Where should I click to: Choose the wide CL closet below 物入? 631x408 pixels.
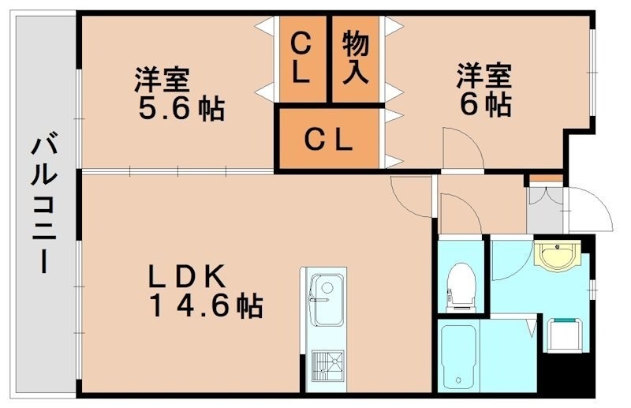pos(329,140)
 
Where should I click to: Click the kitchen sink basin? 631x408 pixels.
pos(326,300)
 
